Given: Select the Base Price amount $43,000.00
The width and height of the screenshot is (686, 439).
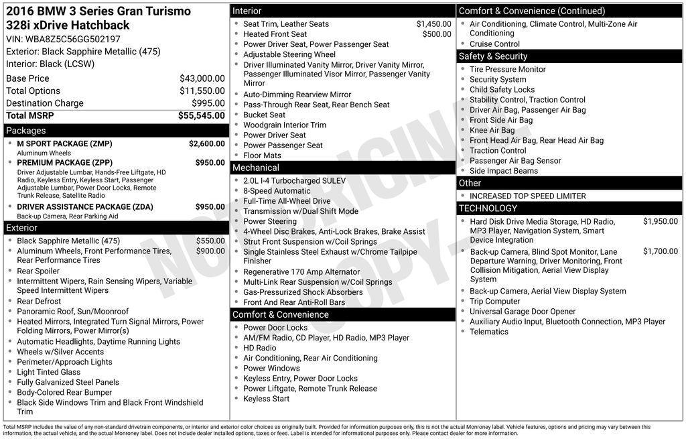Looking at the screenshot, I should pos(202,78).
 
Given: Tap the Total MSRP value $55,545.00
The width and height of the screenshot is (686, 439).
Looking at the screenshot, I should pos(201,115).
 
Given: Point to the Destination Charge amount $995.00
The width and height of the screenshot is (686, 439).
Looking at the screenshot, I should pos(208,103).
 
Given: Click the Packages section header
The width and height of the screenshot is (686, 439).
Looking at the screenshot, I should pos(26,131).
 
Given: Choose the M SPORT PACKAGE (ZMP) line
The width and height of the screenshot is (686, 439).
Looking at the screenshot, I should pos(64,143).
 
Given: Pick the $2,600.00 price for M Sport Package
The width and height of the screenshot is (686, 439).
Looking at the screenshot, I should pos(206,143).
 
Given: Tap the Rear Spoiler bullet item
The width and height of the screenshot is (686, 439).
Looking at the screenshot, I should pos(38,271).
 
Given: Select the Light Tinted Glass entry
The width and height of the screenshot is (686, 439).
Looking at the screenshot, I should pos(48,372).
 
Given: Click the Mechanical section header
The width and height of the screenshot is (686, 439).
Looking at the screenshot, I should pos(255,168).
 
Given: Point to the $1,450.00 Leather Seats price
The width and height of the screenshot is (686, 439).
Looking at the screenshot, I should pos(433,24).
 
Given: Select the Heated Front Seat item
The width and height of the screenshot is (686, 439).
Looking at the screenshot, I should pos(275,34).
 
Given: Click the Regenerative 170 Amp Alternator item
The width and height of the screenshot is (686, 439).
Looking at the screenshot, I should pos(301,272).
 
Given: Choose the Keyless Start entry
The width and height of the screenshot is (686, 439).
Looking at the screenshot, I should pos(266,399).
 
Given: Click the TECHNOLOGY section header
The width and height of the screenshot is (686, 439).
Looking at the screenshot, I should pos(488,208).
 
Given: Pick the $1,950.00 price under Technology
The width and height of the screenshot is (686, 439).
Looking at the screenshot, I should pos(660,222).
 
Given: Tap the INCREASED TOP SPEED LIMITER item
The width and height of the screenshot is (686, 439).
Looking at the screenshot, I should pos(527,196).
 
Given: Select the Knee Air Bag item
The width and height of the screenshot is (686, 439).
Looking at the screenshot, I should pos(492,131).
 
